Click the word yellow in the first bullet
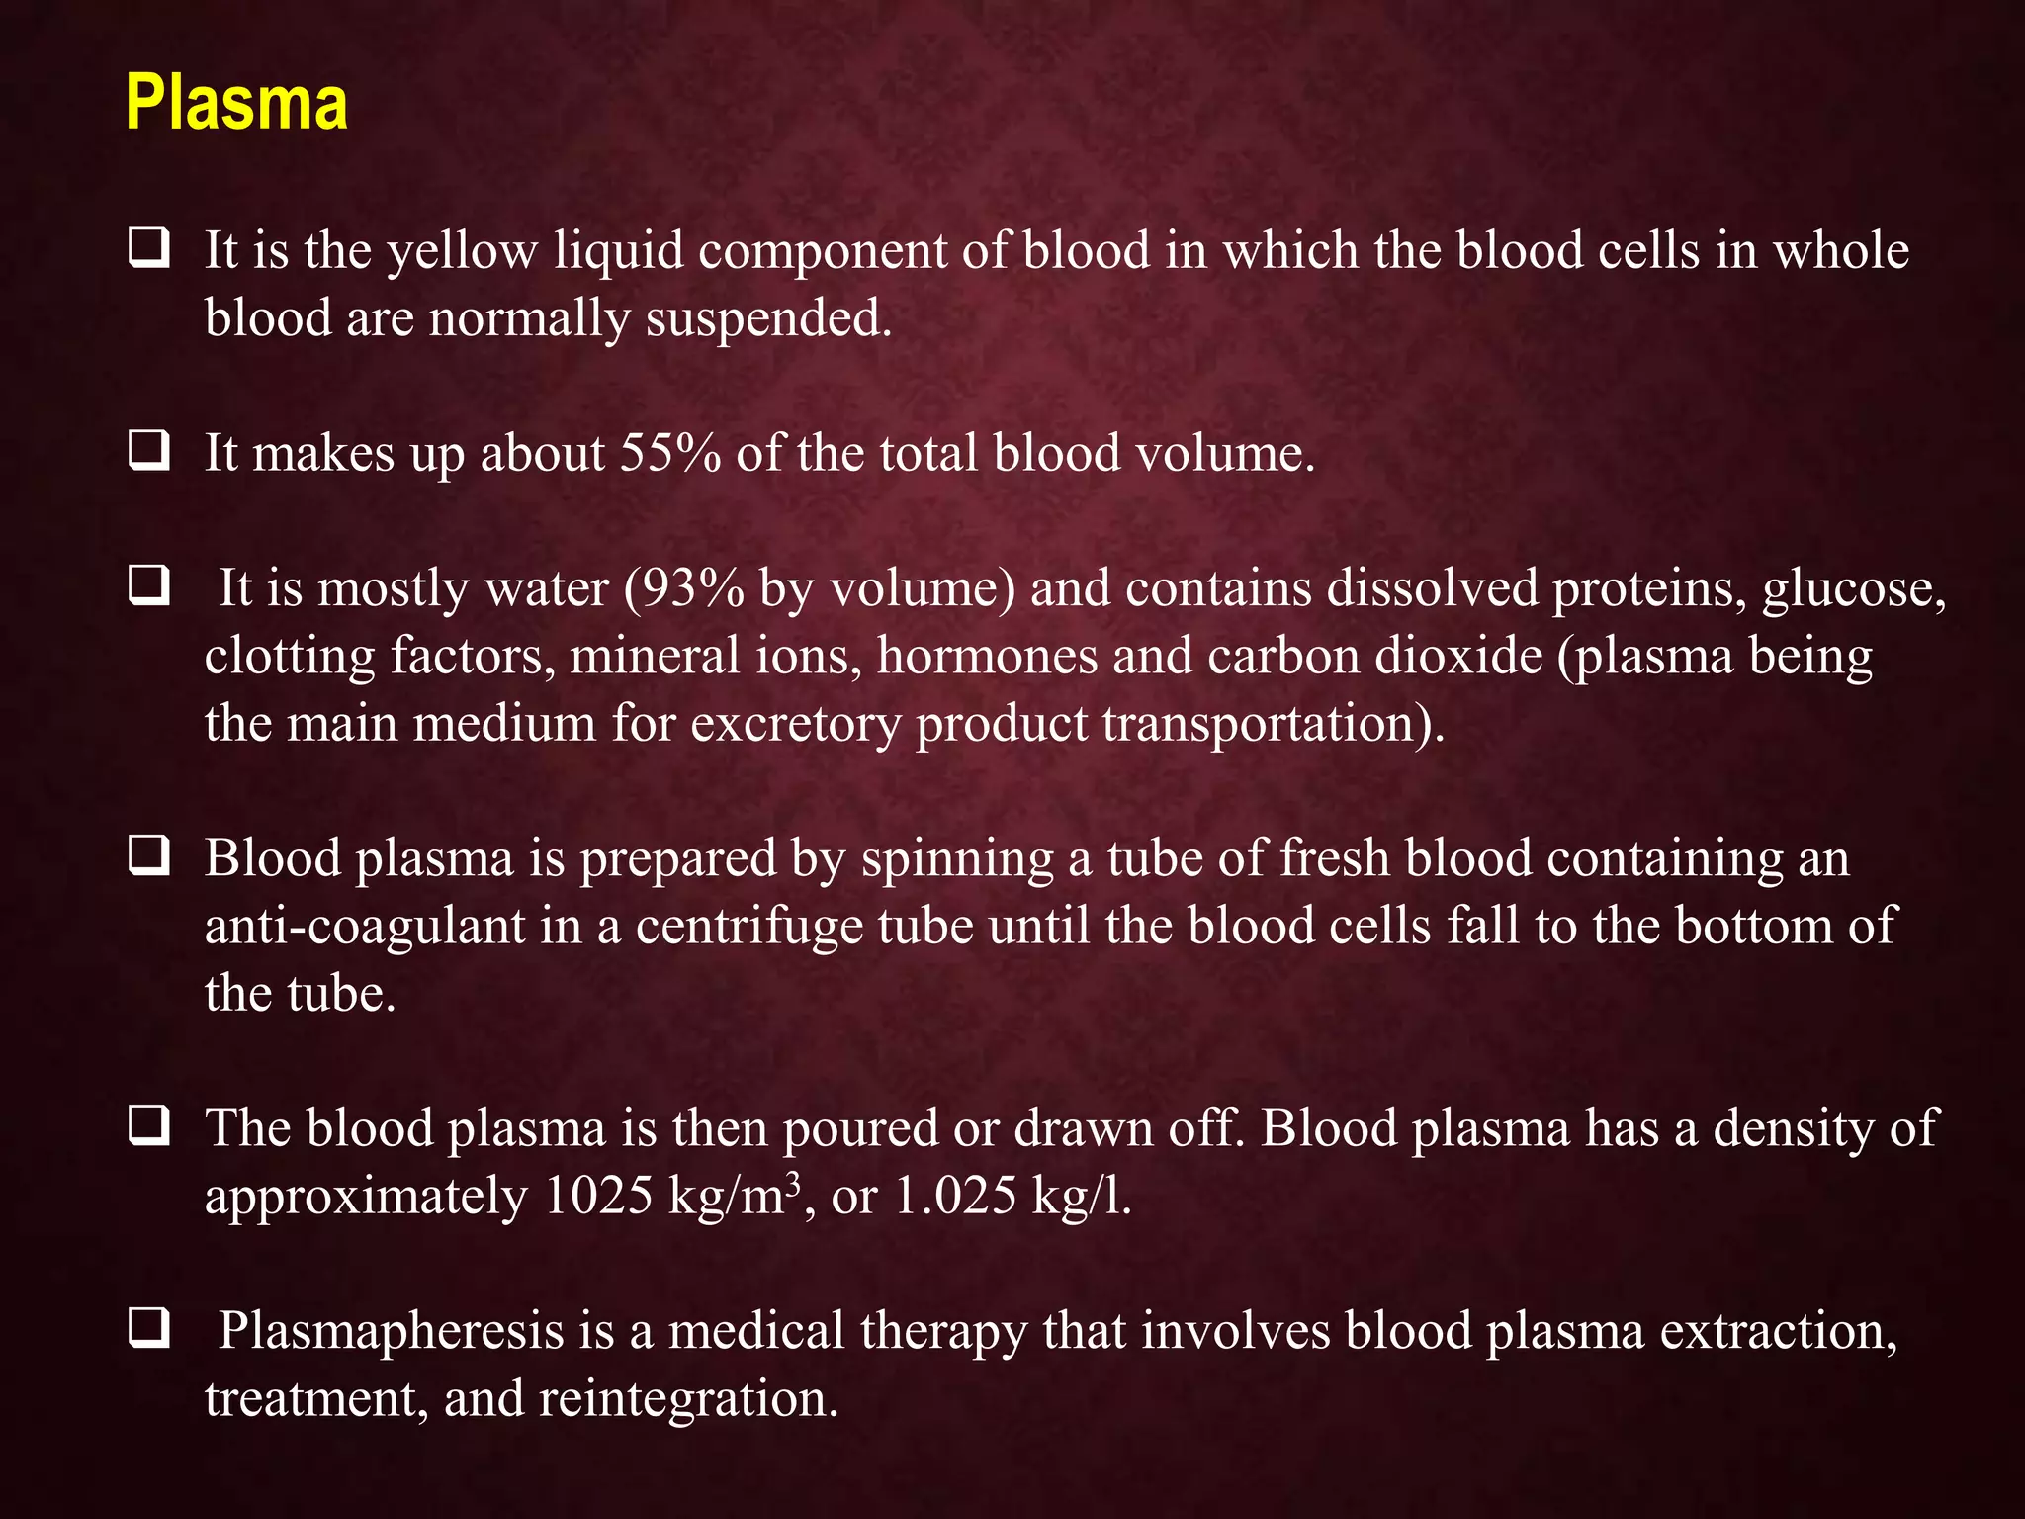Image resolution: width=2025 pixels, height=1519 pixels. [461, 251]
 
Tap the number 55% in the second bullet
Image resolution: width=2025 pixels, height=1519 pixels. [669, 454]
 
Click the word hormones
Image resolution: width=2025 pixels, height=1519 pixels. [987, 657]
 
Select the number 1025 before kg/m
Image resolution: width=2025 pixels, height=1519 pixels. [597, 1197]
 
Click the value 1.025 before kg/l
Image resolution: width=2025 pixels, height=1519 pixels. [954, 1197]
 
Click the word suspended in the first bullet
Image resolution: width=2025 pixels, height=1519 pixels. [768, 318]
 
